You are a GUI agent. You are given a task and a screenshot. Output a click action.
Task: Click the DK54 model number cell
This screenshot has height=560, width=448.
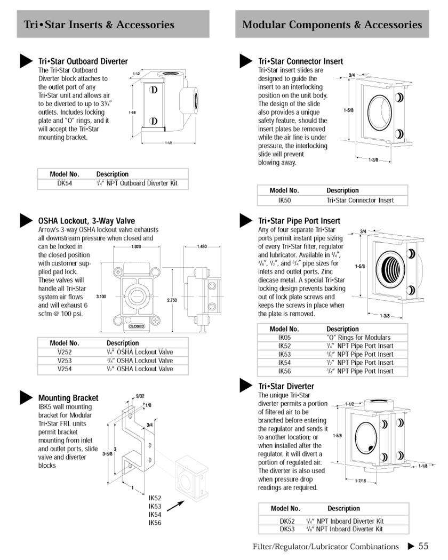coord(65,183)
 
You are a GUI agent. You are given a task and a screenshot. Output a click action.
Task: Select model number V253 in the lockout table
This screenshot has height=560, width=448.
coord(65,361)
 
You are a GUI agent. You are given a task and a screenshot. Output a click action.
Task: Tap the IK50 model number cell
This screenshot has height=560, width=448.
coord(284,201)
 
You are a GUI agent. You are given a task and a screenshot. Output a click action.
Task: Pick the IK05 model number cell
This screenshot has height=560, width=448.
coord(284,338)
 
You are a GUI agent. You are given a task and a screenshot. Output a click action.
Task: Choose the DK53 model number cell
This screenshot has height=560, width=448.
coord(287,529)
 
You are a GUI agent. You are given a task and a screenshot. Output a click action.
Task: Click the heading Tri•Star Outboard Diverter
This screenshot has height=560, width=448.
coord(83,61)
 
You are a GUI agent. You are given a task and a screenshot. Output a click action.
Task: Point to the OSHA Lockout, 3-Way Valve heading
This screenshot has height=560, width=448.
coord(86,221)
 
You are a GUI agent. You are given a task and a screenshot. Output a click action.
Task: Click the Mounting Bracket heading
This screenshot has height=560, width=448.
coord(68,398)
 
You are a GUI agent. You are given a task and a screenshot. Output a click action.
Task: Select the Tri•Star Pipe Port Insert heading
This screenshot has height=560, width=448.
coord(299,221)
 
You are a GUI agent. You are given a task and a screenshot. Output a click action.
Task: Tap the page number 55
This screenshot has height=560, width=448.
coord(423,546)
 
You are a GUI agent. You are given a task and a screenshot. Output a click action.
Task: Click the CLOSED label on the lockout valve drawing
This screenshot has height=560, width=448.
coord(137,326)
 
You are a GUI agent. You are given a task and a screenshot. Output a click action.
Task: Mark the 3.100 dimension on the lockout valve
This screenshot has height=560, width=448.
coord(101,297)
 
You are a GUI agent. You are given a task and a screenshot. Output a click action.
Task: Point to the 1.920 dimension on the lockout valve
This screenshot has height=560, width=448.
coord(137,247)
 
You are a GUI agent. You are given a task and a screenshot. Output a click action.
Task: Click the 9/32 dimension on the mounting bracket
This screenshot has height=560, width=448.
coord(140,396)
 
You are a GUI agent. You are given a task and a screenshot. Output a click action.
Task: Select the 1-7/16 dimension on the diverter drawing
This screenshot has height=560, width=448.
coord(361,481)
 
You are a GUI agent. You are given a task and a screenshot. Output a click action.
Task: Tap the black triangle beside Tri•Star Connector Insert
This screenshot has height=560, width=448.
coord(245,61)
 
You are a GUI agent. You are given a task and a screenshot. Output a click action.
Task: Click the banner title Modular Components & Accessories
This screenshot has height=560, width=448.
coord(332,25)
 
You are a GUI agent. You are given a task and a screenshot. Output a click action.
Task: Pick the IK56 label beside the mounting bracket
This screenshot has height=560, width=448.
coord(155,523)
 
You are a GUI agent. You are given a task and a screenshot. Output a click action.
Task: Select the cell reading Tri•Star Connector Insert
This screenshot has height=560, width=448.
coord(360,201)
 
